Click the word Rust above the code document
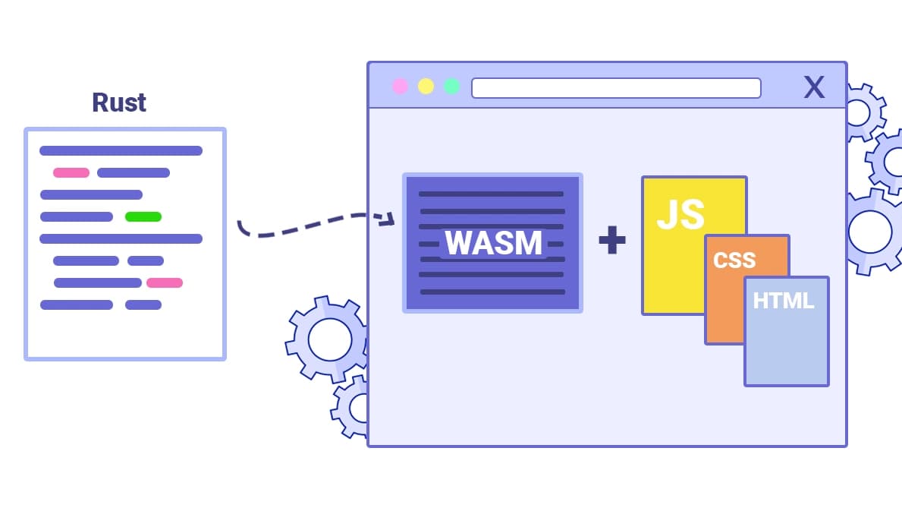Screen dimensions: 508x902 click(119, 103)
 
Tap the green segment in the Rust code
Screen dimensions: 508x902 click(143, 216)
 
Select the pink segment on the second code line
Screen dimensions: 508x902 click(71, 172)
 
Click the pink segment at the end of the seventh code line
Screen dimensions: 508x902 click(165, 282)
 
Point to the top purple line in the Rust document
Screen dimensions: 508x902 click(121, 150)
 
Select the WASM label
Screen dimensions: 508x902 click(493, 243)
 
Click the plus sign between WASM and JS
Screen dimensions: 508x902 click(611, 241)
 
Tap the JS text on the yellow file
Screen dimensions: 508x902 click(680, 214)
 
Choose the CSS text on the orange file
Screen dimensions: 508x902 click(734, 260)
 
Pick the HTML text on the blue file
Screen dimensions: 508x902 click(783, 301)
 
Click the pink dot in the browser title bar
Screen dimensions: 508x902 click(400, 87)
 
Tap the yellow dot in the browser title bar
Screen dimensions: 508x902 click(426, 87)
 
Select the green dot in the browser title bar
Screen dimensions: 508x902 click(451, 87)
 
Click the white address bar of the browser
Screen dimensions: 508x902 click(615, 88)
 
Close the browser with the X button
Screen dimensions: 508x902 click(814, 87)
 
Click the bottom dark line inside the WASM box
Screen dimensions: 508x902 click(492, 292)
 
